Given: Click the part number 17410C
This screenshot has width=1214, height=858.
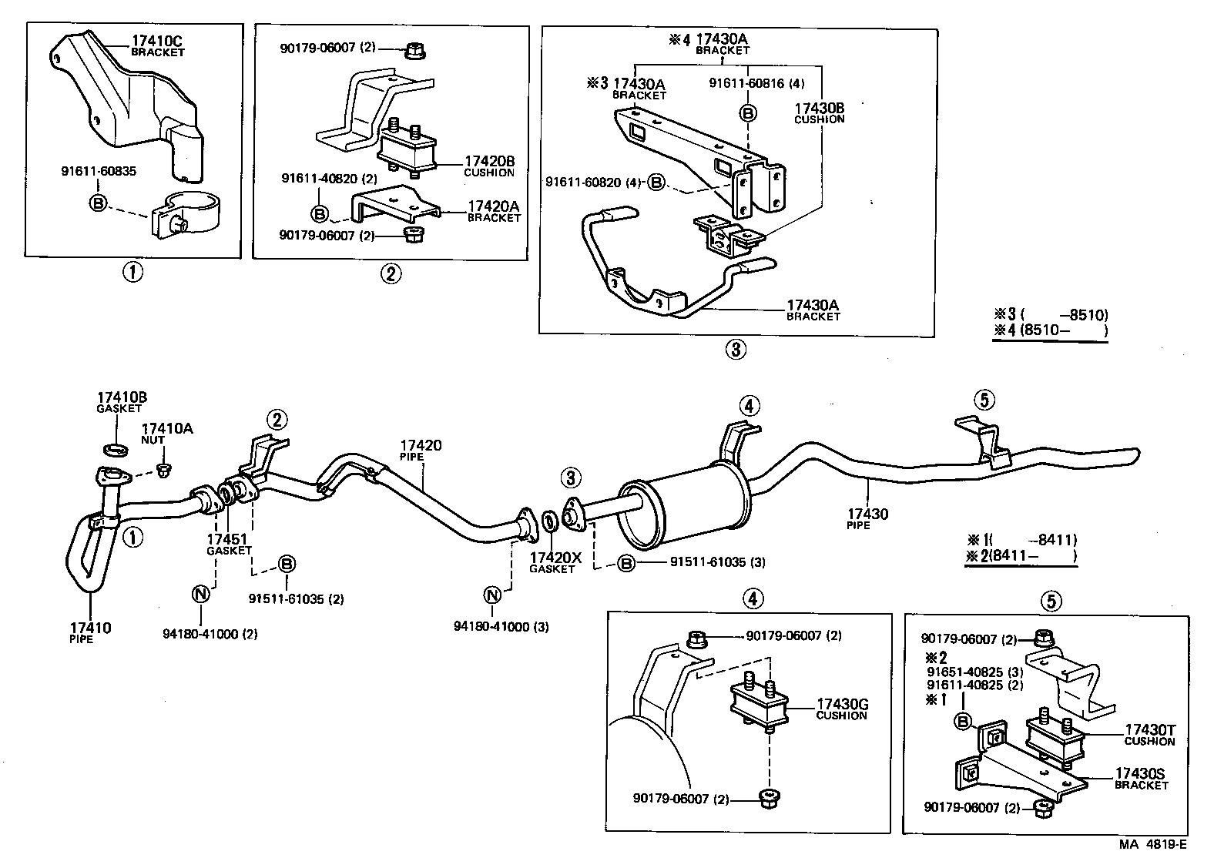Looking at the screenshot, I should [158, 41].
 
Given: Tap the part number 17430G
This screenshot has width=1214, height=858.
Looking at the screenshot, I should [842, 704].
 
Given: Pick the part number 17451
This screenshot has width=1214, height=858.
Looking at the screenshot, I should [229, 539].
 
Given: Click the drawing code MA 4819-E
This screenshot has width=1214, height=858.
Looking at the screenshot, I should [1153, 844].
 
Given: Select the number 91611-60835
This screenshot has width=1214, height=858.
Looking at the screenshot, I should [99, 171].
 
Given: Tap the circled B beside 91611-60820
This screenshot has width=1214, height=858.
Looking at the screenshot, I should [656, 183].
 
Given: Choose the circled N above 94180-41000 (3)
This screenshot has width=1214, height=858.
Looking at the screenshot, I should [492, 595].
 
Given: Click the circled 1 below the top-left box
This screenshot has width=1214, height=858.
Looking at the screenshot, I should [133, 272].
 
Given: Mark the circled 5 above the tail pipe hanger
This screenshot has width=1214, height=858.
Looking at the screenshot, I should [984, 400].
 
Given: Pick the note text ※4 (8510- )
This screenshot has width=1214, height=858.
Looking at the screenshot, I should [1050, 331].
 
